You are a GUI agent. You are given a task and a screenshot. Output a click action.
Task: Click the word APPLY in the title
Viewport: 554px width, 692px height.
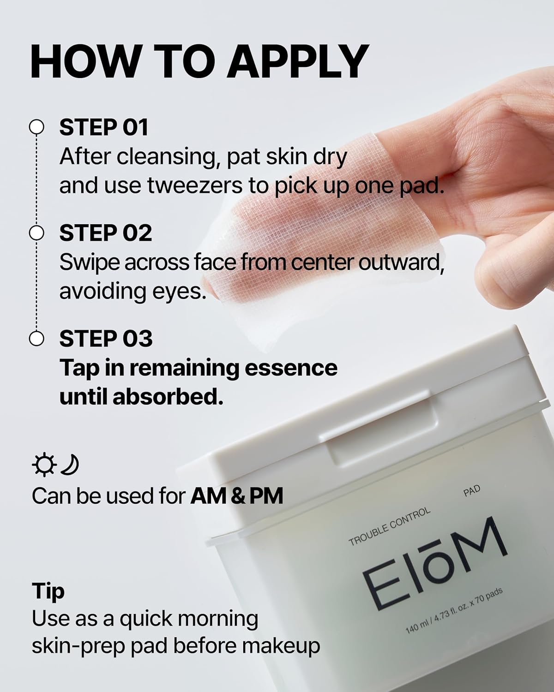coord(298,62)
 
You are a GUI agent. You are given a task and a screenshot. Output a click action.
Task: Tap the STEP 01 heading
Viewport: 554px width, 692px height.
coord(103,128)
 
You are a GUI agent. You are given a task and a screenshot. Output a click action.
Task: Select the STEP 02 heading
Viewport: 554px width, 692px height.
coord(105,233)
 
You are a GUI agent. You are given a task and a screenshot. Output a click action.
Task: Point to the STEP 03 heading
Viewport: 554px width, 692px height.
coord(105,339)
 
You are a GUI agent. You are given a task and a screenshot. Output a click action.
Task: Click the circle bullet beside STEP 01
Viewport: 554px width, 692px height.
coord(36,128)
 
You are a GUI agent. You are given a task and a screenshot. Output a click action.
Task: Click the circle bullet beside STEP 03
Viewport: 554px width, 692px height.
coord(36,339)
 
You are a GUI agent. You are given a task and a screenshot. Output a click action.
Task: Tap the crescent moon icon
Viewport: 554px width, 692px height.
coord(70,465)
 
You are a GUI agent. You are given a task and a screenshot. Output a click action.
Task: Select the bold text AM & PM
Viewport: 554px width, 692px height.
coord(237,496)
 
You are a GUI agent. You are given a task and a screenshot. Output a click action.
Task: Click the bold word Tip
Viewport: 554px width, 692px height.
coord(48,591)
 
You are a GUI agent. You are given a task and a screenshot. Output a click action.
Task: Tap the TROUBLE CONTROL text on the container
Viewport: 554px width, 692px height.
coord(389,527)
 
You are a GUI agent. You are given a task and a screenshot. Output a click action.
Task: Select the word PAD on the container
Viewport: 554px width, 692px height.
coord(471,491)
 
